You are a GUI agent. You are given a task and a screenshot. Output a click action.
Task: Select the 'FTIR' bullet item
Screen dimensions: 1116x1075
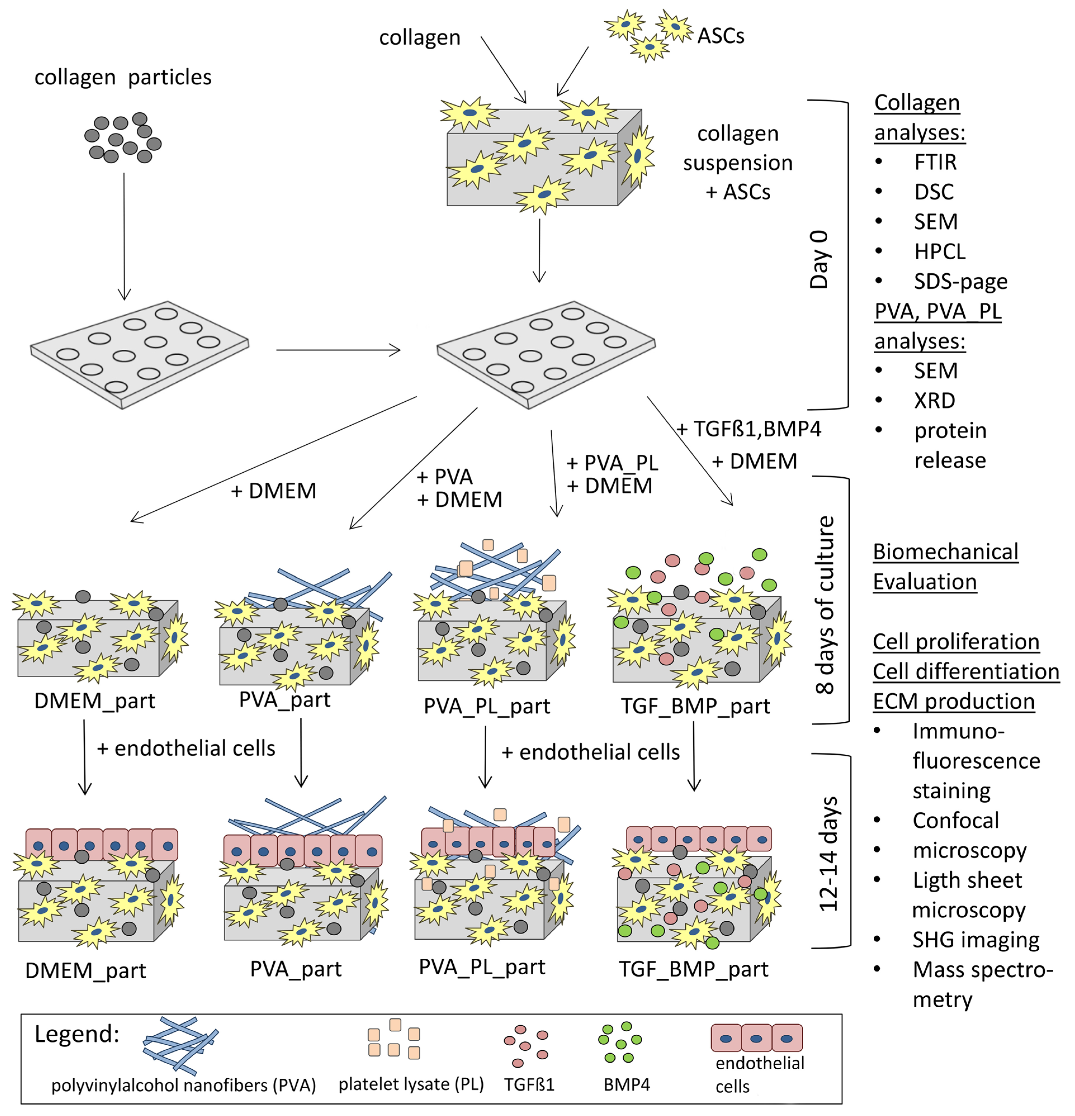click(x=935, y=162)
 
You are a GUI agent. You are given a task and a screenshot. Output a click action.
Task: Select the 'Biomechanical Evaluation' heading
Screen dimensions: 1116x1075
click(x=945, y=567)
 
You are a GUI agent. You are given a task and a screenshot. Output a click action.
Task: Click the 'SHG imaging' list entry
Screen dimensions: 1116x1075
click(x=976, y=939)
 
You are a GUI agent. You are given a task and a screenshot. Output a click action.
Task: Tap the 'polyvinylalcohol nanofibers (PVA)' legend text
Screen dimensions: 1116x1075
click(x=183, y=1085)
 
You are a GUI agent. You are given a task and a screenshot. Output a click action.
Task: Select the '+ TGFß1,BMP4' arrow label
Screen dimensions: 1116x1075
click(x=749, y=429)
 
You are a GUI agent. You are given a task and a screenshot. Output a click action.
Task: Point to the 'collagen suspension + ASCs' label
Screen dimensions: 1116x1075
click(x=738, y=163)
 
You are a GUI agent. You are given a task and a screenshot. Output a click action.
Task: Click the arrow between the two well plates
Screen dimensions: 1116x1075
click(x=338, y=350)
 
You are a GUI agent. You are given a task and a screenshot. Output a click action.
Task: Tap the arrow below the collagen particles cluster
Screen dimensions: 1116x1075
click(x=124, y=236)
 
